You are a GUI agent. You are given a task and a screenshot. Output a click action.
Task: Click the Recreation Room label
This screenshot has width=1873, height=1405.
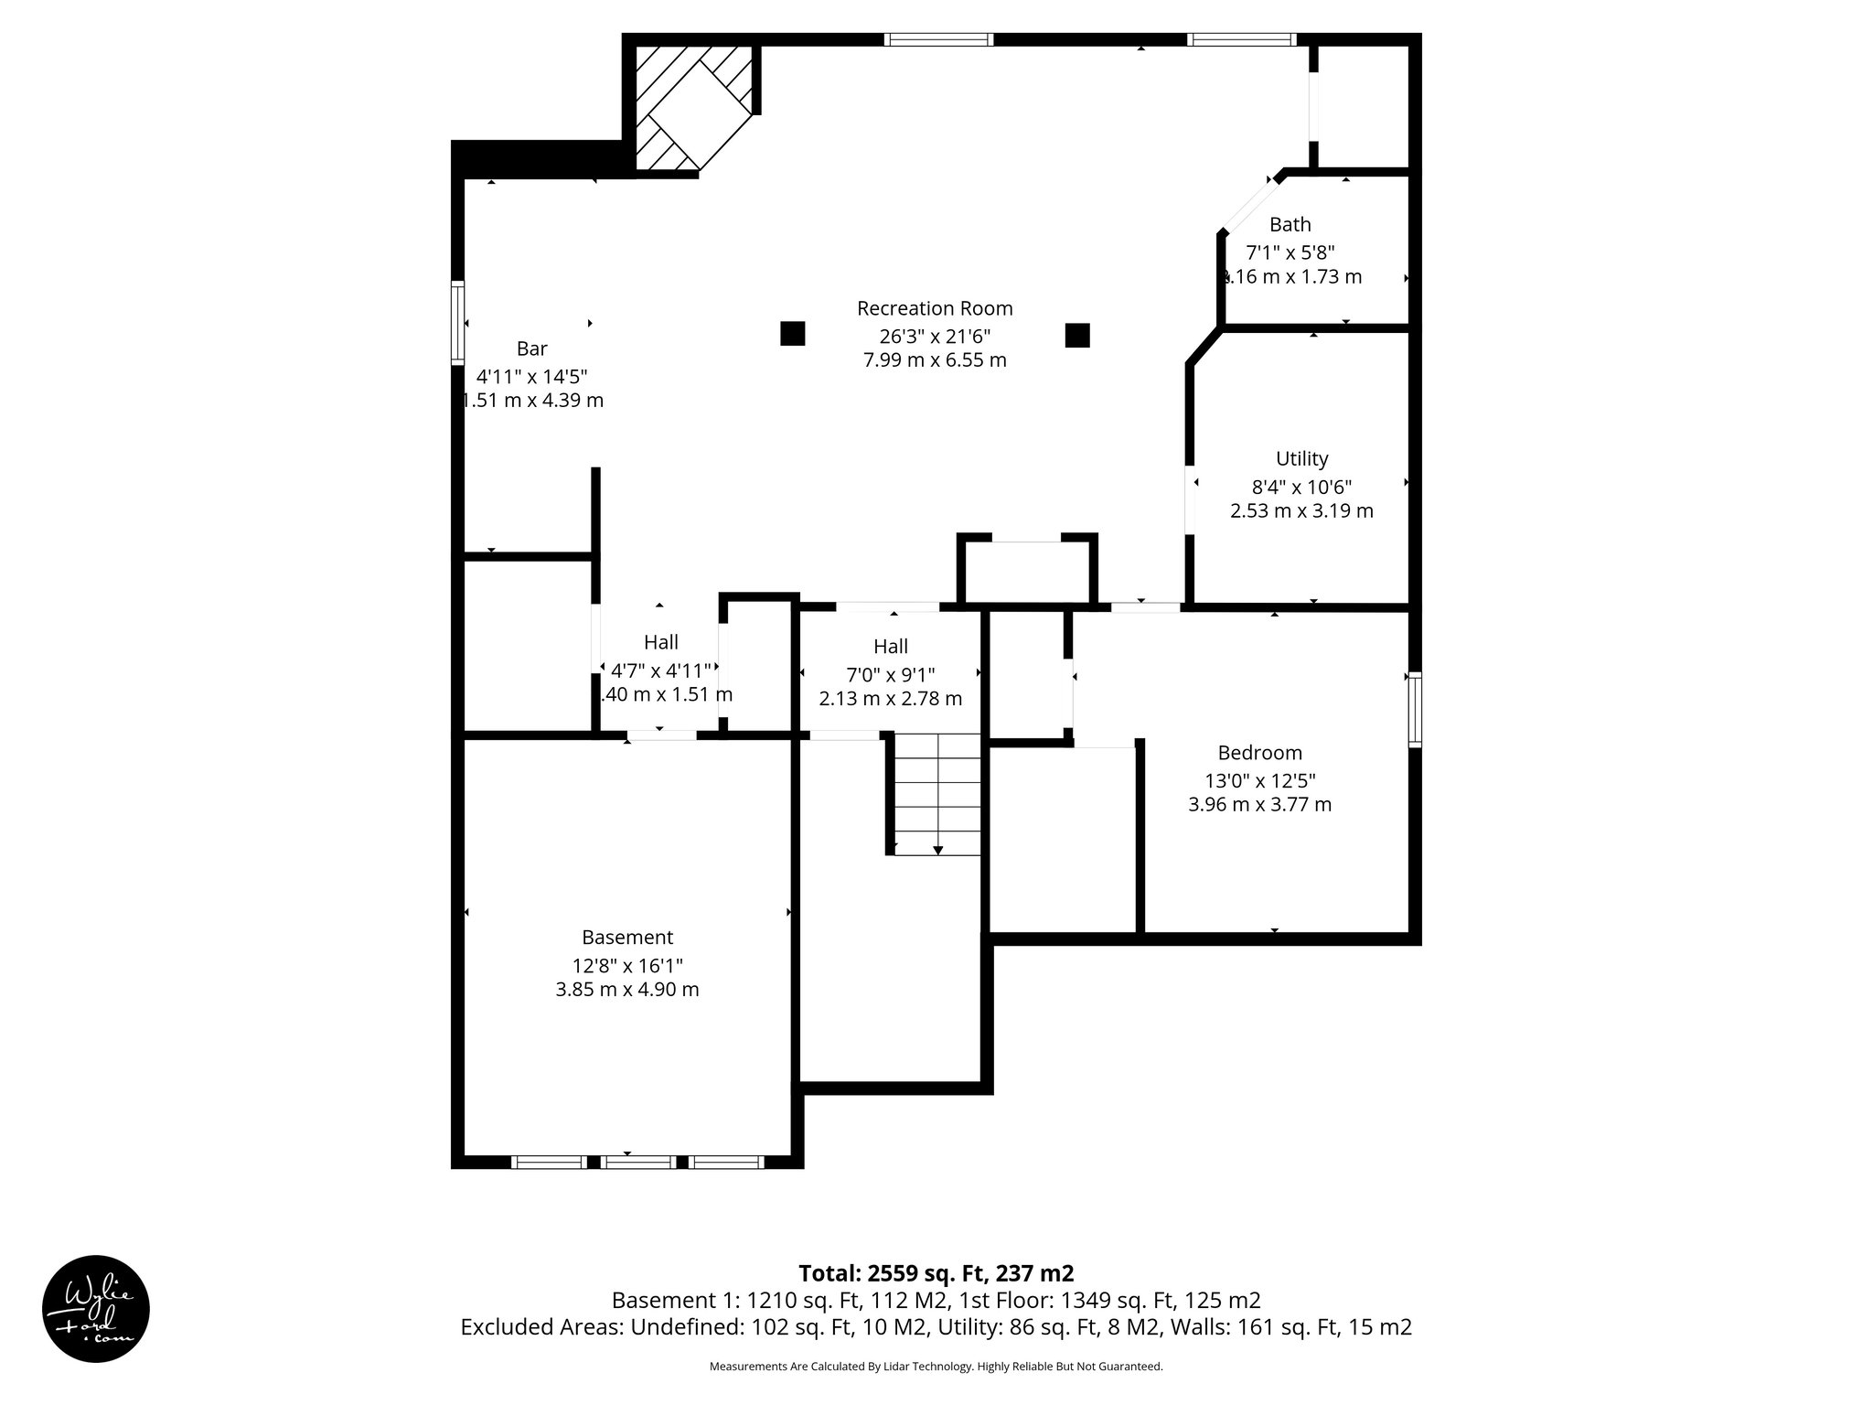pos(935,308)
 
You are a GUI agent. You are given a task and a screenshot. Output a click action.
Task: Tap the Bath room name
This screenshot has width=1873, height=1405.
pos(1290,224)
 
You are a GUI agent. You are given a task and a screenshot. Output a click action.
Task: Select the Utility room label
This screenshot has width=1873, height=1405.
pos(1301,458)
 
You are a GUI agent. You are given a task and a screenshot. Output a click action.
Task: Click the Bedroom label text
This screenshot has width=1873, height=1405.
pos(1259,753)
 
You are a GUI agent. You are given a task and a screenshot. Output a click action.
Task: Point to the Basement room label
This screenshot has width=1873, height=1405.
pos(627,938)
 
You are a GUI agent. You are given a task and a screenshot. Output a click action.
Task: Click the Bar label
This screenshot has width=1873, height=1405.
pos(532,349)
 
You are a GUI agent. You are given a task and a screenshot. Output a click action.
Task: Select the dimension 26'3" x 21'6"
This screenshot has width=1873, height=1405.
pos(935,336)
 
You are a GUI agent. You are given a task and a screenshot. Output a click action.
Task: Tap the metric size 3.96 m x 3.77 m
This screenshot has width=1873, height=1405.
pos(1259,805)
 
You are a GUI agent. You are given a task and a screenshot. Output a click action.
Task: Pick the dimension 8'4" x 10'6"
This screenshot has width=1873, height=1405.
pos(1301,487)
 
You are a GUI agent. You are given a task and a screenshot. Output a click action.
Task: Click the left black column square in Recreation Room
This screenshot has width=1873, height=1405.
pos(792,334)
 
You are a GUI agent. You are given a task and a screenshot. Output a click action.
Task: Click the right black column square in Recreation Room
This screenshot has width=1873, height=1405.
pos(1077,336)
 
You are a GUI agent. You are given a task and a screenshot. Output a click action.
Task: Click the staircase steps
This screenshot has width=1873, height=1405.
pos(936,794)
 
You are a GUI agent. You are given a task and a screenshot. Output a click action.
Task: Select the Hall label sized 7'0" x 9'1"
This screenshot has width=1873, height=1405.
pos(890,647)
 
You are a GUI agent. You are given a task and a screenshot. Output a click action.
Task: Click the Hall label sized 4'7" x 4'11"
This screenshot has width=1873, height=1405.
pos(660,642)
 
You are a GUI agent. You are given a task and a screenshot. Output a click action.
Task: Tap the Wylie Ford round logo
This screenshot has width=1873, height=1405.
pos(96,1309)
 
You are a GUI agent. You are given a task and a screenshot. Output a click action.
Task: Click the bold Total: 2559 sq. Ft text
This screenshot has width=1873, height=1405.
pos(935,1273)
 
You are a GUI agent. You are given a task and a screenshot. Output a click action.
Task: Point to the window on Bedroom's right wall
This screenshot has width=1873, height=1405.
pos(1415,709)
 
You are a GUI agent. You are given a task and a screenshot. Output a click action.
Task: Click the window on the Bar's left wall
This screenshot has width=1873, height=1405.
pos(457,323)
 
